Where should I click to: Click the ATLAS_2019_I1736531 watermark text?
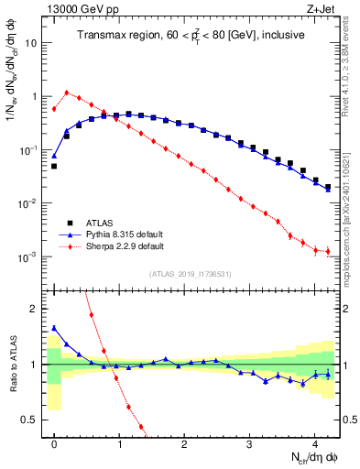pyautogui.click(x=190, y=274)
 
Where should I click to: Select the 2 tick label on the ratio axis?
pyautogui.click(x=35, y=309)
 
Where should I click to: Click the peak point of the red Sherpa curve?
pyautogui.click(x=67, y=92)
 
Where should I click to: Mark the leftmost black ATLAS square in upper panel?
pyautogui.click(x=54, y=167)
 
